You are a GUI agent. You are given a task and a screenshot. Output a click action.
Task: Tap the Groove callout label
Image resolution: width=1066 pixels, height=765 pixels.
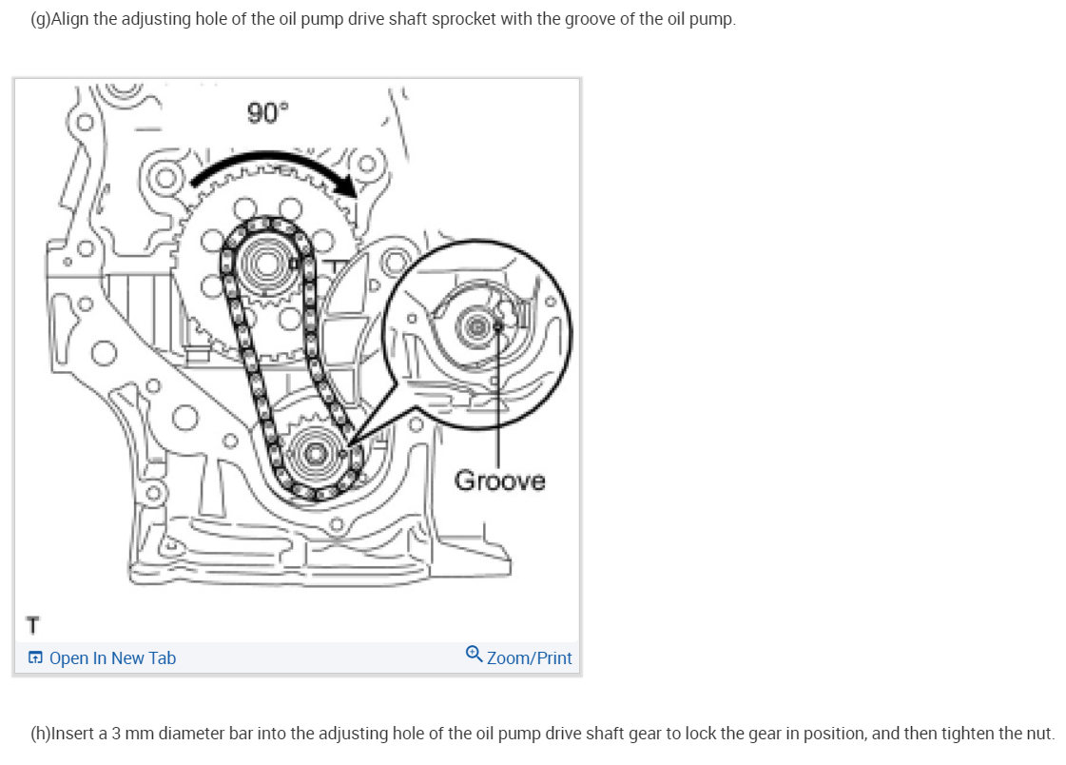tap(500, 481)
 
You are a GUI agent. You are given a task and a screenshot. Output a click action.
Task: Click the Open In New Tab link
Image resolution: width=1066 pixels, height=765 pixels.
tap(112, 658)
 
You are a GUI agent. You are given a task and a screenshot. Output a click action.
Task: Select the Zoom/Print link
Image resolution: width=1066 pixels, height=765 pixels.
tap(530, 658)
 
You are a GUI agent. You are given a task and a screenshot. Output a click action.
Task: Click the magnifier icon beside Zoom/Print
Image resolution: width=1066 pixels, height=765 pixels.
tap(475, 657)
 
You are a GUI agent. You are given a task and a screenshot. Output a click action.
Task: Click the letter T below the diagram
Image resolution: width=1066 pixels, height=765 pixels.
tap(34, 626)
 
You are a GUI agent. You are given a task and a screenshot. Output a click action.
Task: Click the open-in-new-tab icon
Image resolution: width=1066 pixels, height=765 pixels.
tap(35, 658)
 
